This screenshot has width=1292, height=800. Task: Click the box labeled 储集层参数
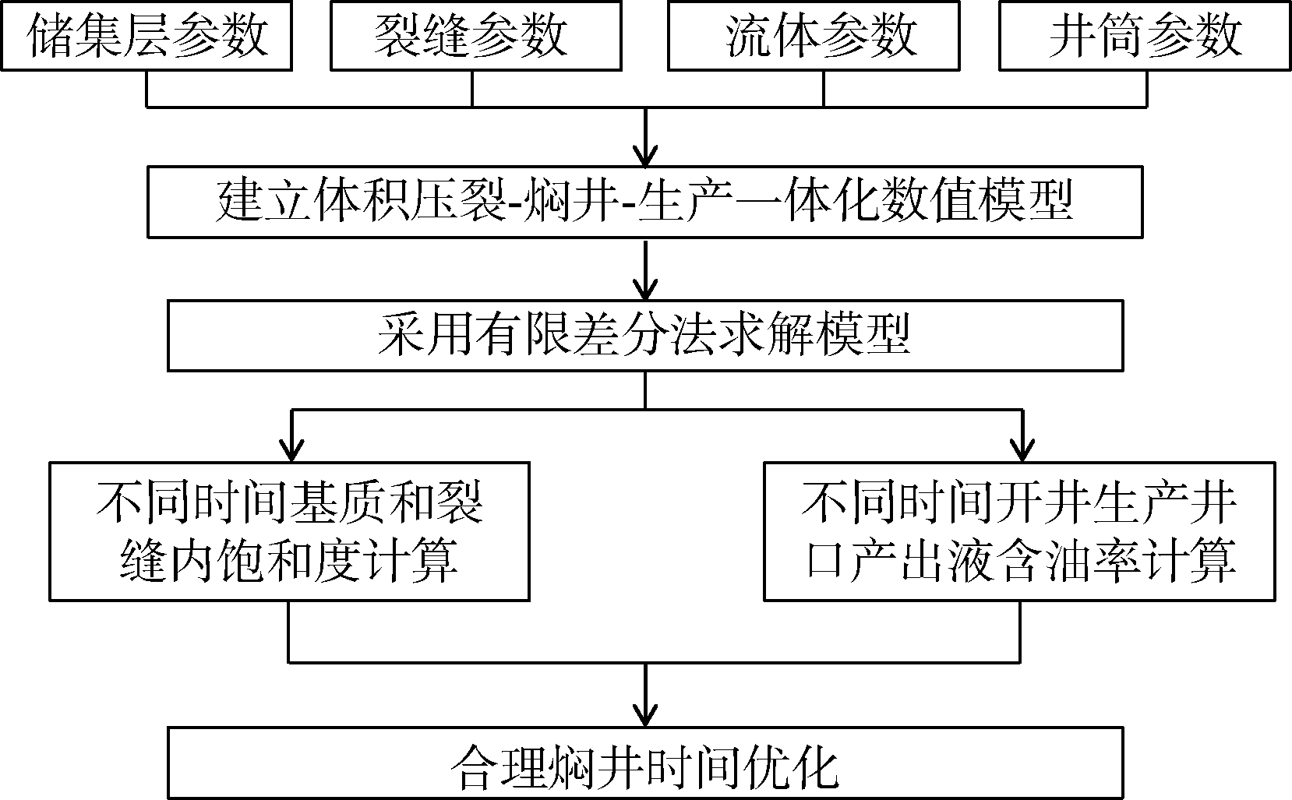point(146,36)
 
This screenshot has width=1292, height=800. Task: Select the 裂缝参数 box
point(475,36)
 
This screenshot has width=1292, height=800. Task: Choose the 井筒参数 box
point(1145,36)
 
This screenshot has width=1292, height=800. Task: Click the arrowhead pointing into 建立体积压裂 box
point(645,153)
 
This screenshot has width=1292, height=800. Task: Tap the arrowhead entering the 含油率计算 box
point(1020,449)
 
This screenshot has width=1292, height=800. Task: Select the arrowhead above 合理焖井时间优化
point(645,714)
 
